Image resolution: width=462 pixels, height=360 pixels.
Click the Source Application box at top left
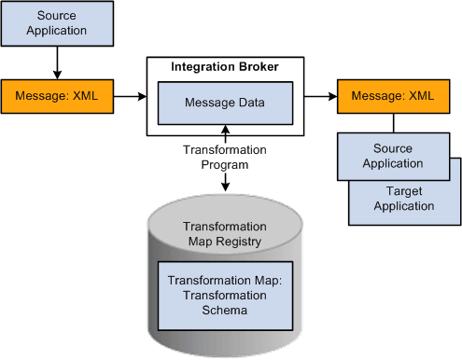(x=57, y=23)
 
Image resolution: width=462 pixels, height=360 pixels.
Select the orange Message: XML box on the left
(x=57, y=95)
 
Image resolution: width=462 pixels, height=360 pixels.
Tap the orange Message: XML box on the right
(x=393, y=95)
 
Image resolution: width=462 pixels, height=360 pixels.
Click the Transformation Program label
(x=224, y=157)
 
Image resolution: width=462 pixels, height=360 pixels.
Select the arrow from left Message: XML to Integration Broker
(x=129, y=95)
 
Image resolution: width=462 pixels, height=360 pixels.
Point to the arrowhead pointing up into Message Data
(x=224, y=128)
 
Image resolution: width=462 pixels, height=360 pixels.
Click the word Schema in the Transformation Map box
(x=224, y=311)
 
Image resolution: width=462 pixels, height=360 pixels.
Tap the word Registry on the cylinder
(x=241, y=241)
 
